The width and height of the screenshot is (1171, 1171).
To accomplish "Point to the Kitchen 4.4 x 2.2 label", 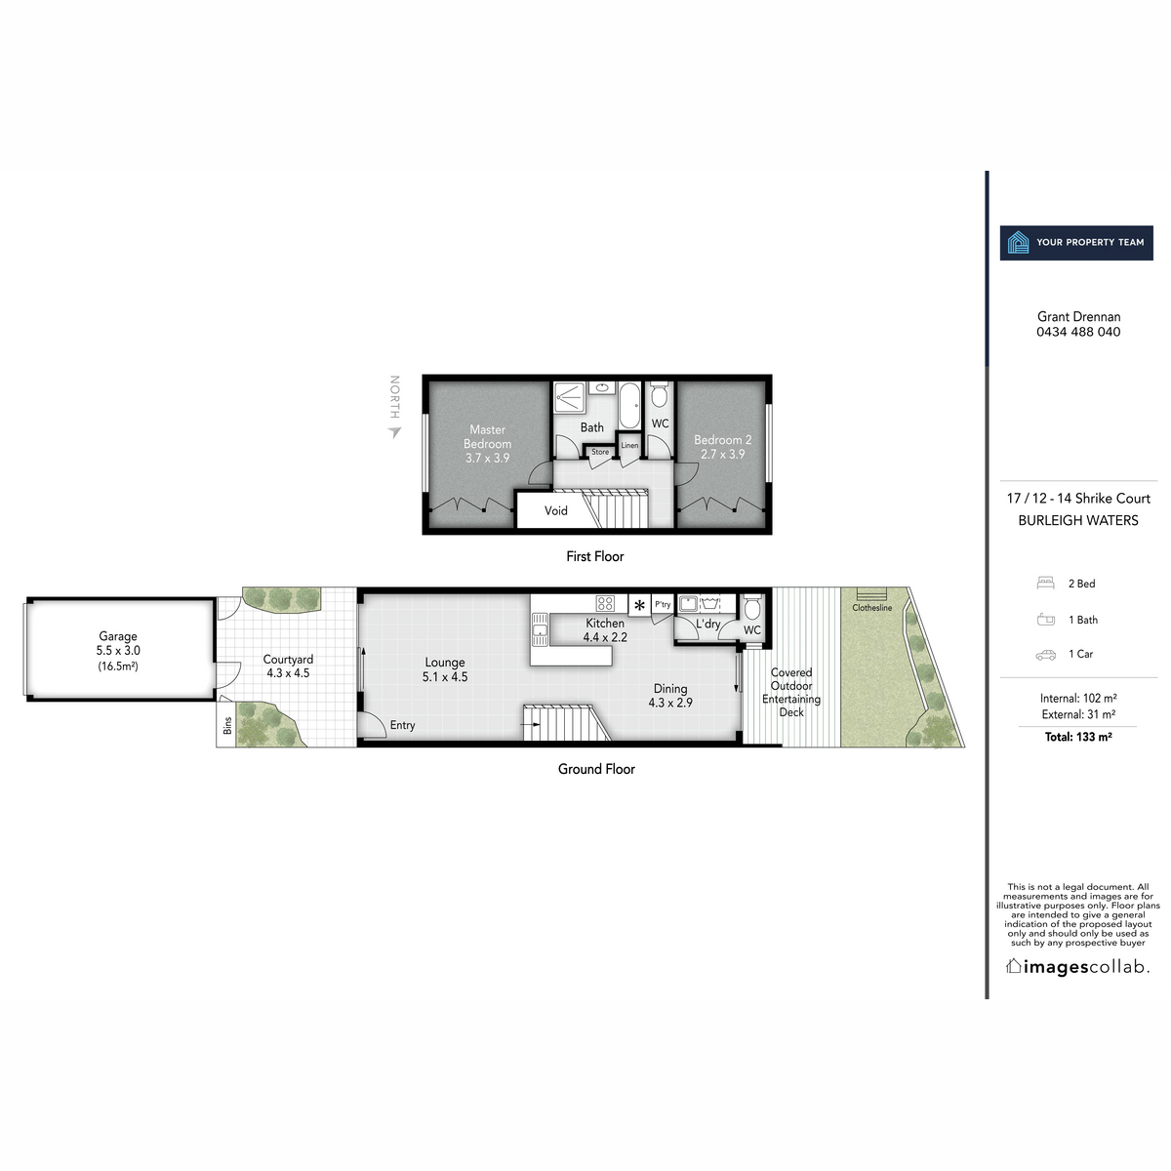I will coord(605,630).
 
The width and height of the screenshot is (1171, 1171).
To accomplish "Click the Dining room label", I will coord(670,695).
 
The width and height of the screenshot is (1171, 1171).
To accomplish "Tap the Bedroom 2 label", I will coord(722,447).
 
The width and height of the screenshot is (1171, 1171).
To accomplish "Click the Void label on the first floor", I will coord(556,510).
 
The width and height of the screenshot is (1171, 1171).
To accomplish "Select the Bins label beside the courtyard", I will coord(227,727).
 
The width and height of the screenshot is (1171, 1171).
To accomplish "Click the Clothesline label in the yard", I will coord(872,608).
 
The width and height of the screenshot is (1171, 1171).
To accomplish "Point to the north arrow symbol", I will coord(394,431).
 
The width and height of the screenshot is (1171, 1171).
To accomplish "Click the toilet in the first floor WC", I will coord(659,395).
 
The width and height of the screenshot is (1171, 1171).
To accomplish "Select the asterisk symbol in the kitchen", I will coord(639,605).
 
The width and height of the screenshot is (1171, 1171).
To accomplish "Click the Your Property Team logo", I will coord(1077,242).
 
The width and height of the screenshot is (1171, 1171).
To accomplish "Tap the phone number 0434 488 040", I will coord(1078,332).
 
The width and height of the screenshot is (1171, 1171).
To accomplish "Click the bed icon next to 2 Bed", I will coord(1045,584).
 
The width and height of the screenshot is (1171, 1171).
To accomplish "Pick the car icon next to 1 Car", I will coord(1045,655).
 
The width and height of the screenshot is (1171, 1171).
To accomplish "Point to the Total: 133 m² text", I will coord(1078,737).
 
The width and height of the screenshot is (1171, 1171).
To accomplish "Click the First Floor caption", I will coord(594,556).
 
